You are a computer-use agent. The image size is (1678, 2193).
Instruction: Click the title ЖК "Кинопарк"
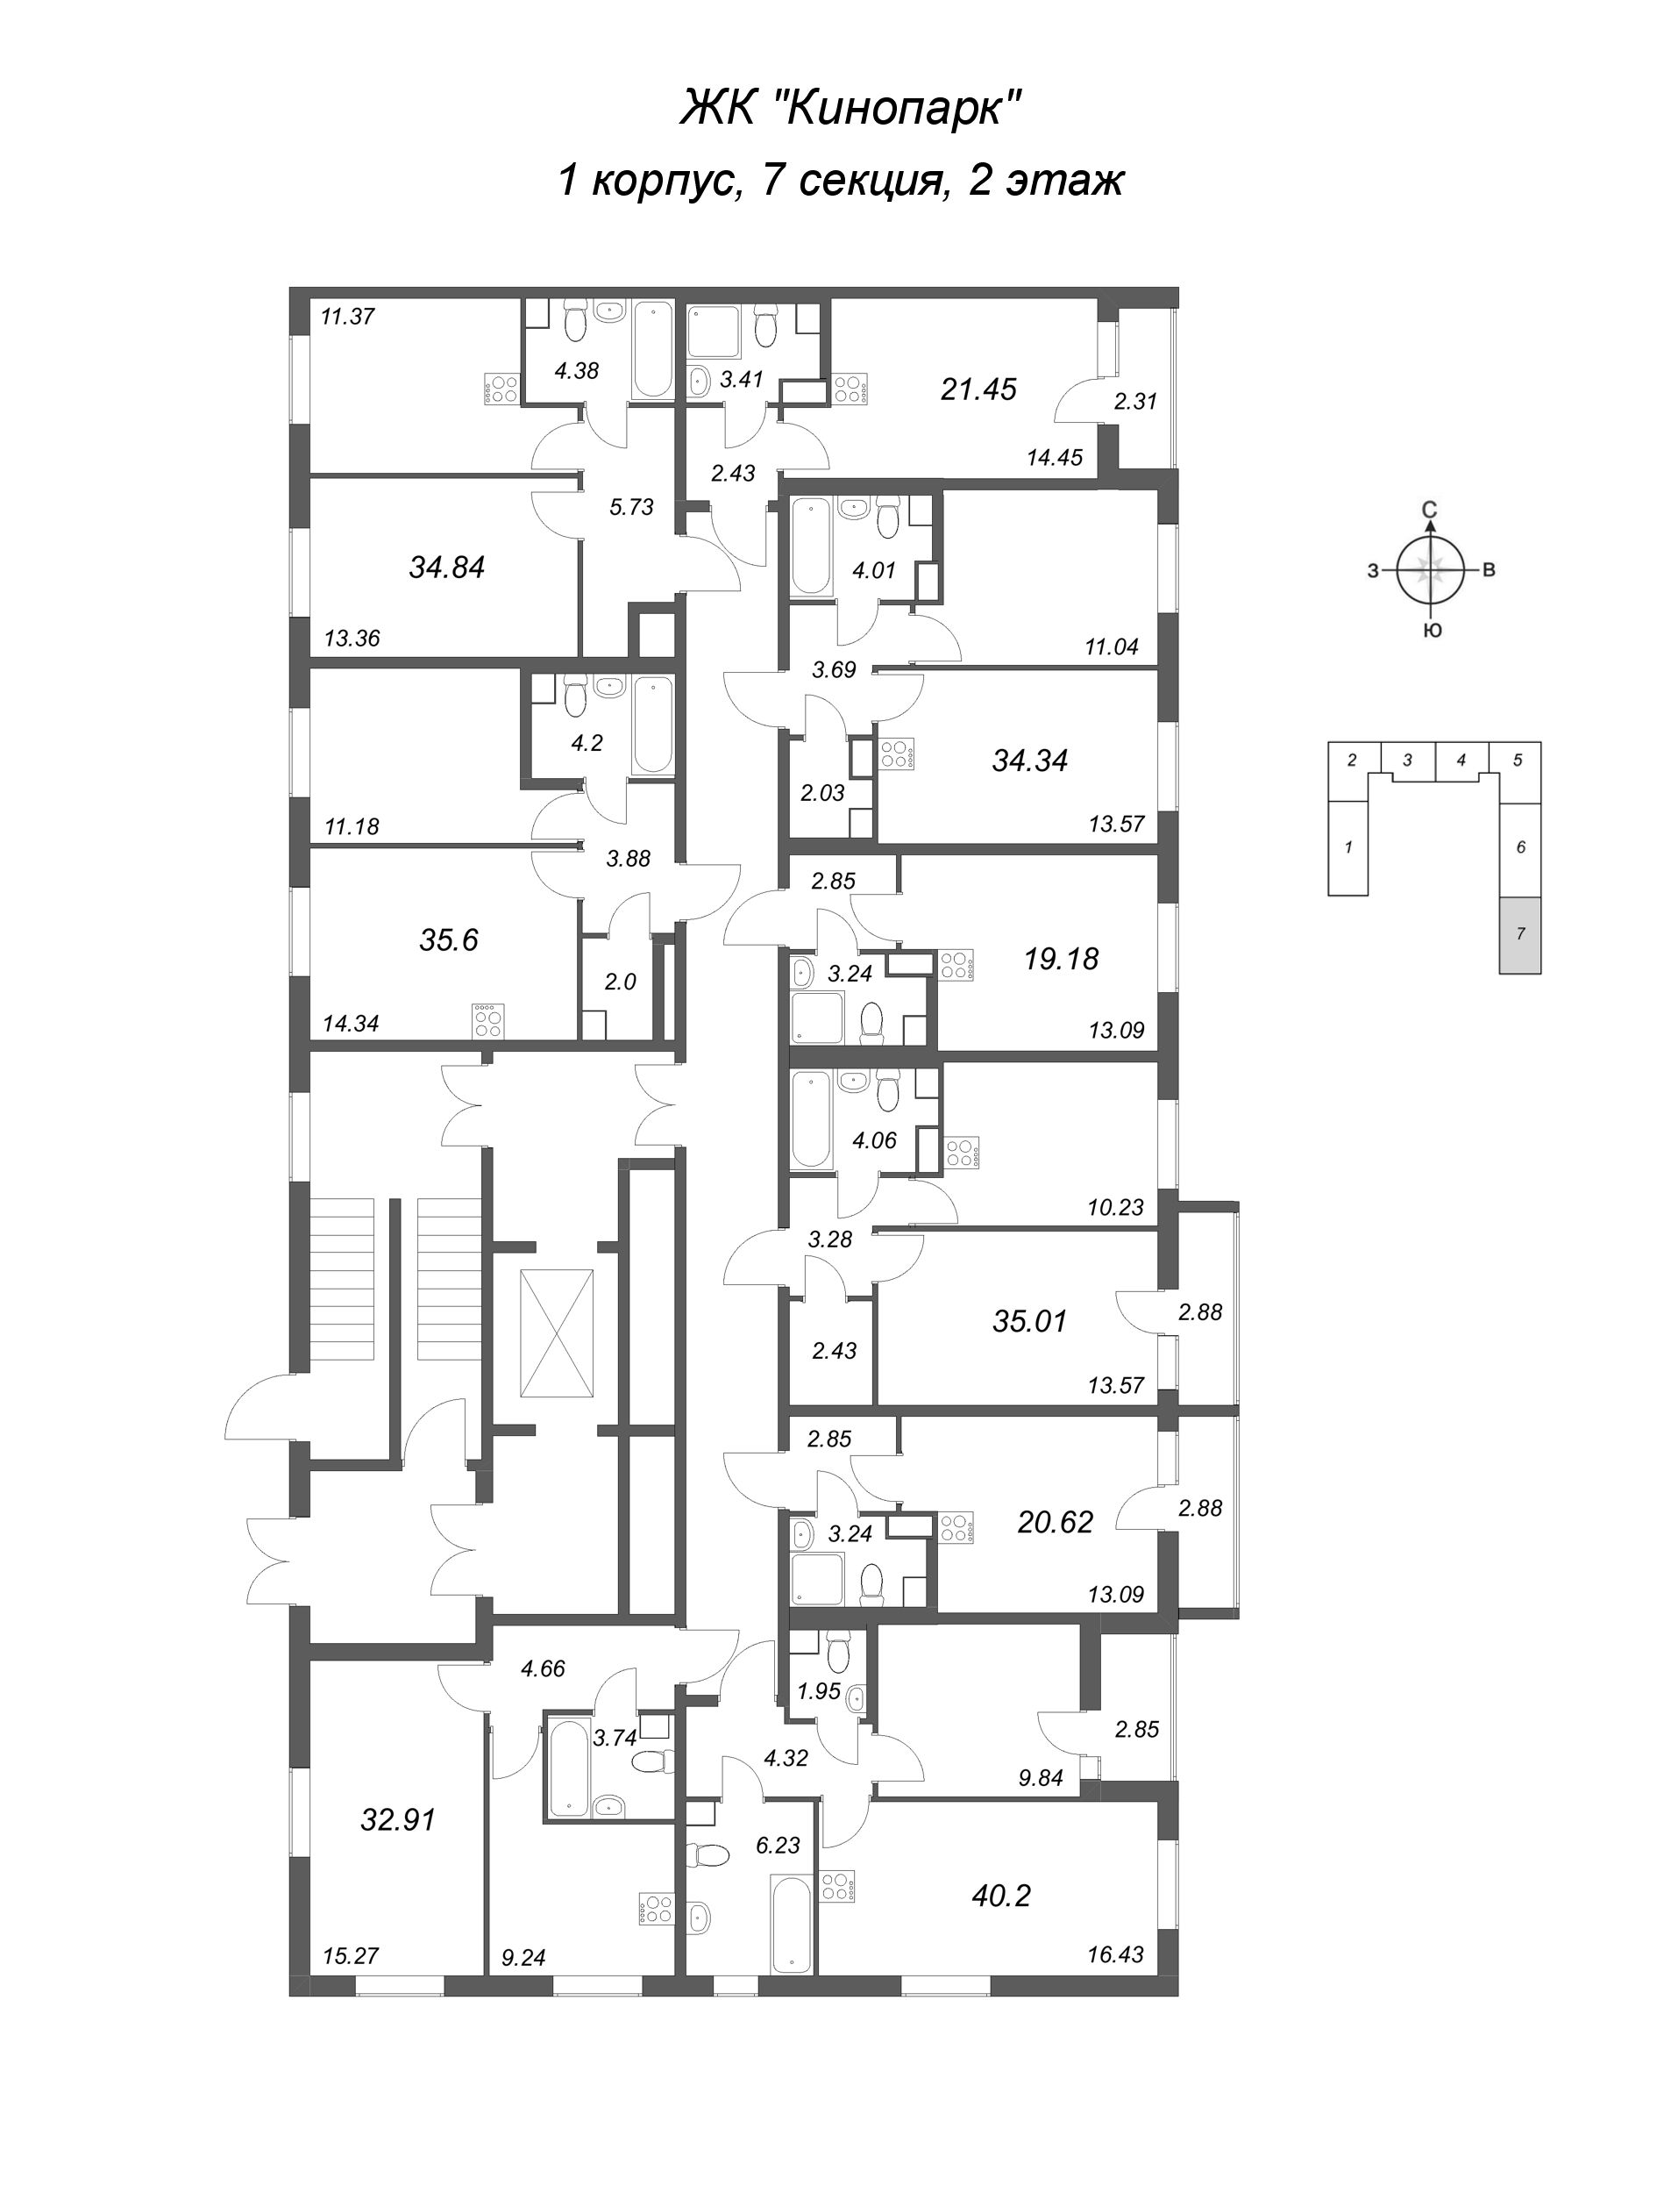(x=852, y=108)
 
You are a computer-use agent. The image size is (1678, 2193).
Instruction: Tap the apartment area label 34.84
(x=446, y=568)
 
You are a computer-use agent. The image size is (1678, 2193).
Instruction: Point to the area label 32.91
(x=399, y=1820)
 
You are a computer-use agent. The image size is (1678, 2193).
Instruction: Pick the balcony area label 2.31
(x=1135, y=402)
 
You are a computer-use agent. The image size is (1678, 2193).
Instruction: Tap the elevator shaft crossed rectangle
(x=557, y=1334)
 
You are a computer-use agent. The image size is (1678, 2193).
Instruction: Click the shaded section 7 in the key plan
(x=1519, y=934)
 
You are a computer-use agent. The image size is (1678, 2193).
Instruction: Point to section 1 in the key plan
(x=1348, y=847)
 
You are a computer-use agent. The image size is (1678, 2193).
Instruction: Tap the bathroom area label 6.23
(x=779, y=1846)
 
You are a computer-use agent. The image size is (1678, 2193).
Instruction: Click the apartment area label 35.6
(x=450, y=940)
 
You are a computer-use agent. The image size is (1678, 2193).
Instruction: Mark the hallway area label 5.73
(x=631, y=506)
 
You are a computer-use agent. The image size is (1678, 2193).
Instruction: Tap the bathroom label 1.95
(x=819, y=1691)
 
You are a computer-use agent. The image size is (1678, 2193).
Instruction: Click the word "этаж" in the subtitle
(x=1063, y=181)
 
